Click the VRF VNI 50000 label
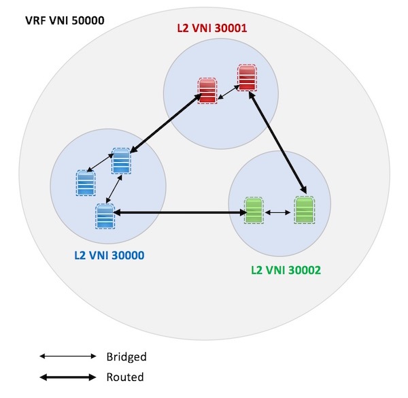point(64,20)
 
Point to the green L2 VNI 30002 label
point(286,269)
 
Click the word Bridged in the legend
point(126,356)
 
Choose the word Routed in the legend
point(125,377)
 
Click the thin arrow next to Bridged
point(68,356)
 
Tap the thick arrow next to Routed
point(68,377)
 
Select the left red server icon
point(207,90)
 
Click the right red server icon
point(247,78)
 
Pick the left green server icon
point(254,210)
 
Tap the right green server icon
point(304,210)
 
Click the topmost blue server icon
point(121,161)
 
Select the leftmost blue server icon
point(86,183)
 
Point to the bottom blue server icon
point(104,216)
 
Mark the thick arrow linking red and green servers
point(279,144)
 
